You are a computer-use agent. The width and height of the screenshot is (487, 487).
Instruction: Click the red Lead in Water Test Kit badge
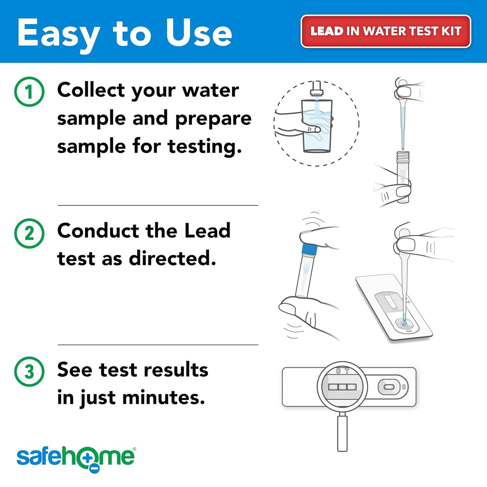point(386,31)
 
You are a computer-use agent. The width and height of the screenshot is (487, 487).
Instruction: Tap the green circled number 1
point(29,92)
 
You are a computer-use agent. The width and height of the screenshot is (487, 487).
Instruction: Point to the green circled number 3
point(29,371)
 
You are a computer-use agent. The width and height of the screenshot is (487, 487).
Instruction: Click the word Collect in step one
point(91,90)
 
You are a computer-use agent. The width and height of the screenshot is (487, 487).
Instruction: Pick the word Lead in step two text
point(207,231)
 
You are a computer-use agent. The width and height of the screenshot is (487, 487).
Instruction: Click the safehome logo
point(76,458)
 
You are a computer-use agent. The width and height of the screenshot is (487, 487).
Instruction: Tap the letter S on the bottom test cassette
point(404,387)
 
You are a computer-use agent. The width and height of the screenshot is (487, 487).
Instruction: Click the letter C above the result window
point(338,371)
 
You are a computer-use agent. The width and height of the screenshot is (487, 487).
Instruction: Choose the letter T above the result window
point(347,371)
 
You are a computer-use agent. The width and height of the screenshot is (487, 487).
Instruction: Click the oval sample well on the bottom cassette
point(388,387)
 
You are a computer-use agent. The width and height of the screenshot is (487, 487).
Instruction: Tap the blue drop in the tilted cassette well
point(404,323)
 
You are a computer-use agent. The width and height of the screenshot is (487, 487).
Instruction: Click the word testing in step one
point(205,147)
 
